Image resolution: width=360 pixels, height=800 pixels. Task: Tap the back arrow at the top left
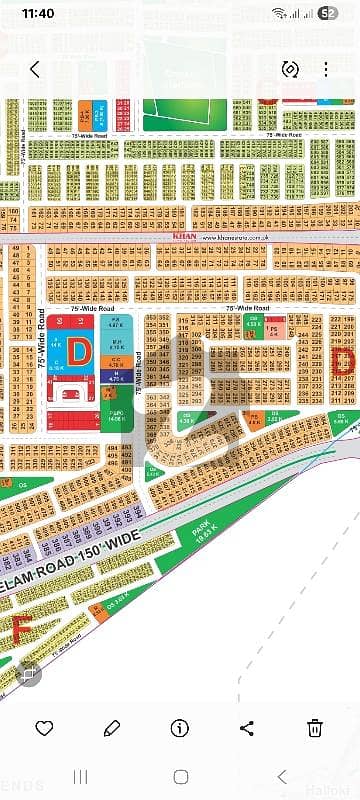click(35, 70)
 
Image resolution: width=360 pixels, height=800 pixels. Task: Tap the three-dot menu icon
click(326, 70)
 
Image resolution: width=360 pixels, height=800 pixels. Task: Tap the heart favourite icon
click(43, 727)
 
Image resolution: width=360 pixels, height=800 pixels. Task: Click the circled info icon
click(180, 727)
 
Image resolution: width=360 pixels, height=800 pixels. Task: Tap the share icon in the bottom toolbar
click(249, 727)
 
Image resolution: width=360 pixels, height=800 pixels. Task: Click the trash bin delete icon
click(316, 727)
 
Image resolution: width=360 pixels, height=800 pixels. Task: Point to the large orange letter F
click(19, 629)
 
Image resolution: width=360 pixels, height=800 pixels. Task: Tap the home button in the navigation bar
click(180, 777)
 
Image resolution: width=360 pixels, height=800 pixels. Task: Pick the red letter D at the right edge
click(343, 361)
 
